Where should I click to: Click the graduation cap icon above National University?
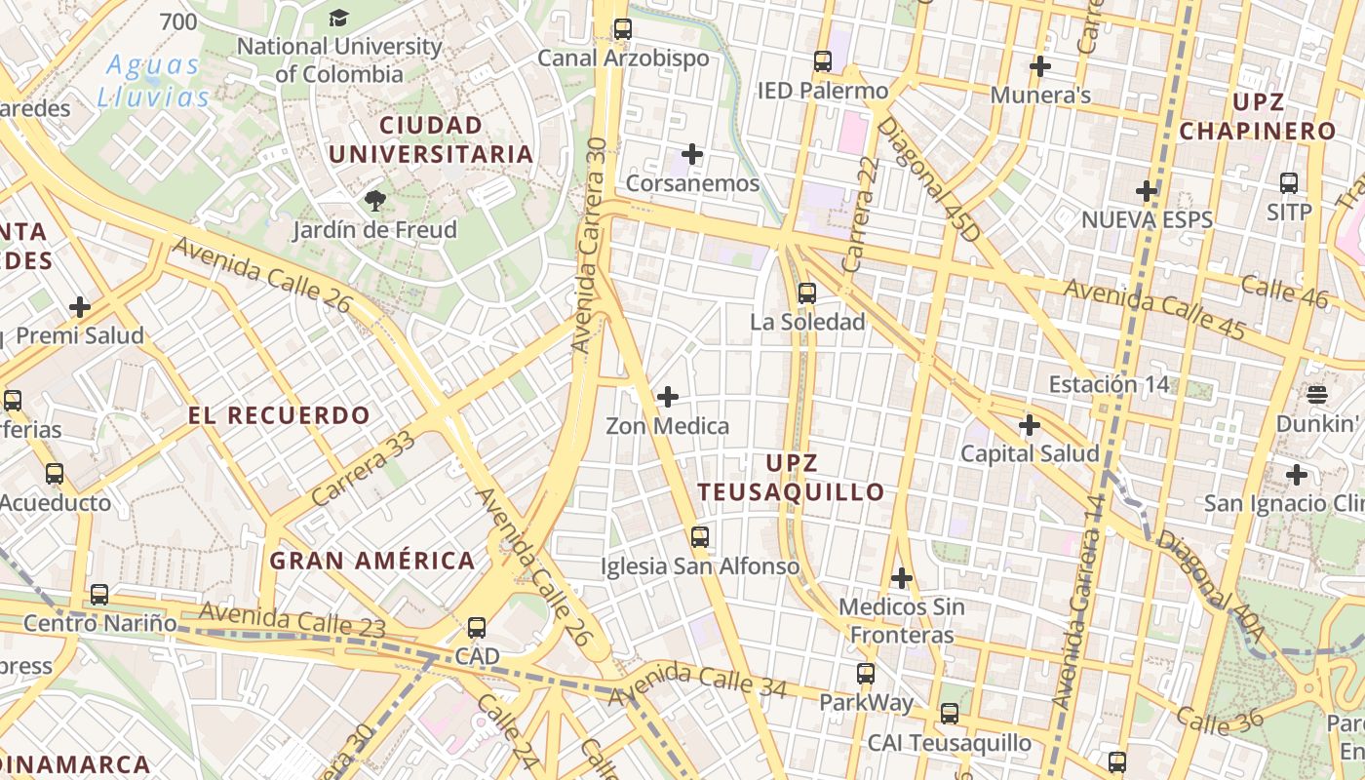tap(338, 18)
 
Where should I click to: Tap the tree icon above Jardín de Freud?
tap(374, 202)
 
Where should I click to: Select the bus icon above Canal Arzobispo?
tap(623, 29)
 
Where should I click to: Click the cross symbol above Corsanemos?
tap(692, 154)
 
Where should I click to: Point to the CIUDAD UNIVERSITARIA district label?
tap(431, 139)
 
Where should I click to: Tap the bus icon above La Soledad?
tap(806, 292)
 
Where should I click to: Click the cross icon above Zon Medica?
tap(668, 397)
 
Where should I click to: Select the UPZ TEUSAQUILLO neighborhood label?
tap(791, 478)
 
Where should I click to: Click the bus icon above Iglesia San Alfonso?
tap(699, 536)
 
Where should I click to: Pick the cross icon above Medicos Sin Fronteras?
tap(902, 578)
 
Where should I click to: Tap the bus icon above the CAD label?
tap(477, 628)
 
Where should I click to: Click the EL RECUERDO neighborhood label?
tap(279, 415)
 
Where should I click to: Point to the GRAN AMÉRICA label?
tap(372, 561)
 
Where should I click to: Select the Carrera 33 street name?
tap(364, 468)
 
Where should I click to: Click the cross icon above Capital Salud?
tap(1030, 425)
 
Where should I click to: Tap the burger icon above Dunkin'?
tap(1317, 395)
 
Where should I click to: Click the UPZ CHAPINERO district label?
tap(1258, 116)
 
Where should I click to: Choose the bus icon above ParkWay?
tap(866, 673)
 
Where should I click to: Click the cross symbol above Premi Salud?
tap(80, 307)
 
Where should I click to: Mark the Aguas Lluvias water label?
tap(153, 81)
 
